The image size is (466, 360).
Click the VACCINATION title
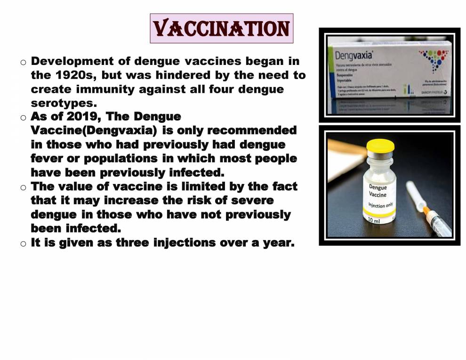point(221,28)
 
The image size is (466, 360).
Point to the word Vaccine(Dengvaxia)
point(94,130)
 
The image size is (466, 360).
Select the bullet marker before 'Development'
point(23,62)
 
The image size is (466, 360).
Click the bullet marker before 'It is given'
point(23,244)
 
